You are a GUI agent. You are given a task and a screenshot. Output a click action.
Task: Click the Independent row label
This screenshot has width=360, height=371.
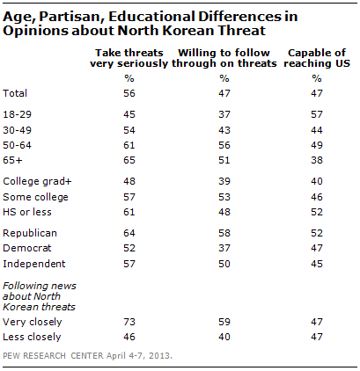click(x=34, y=266)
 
